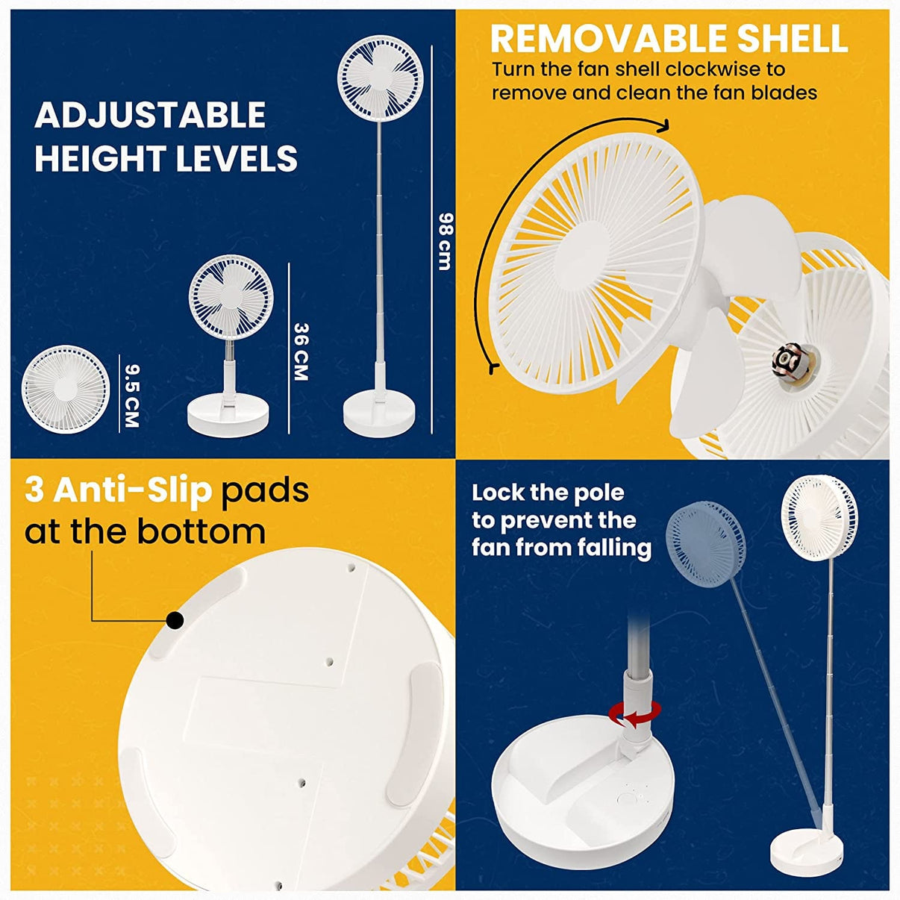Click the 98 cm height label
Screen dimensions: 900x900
pyautogui.click(x=446, y=242)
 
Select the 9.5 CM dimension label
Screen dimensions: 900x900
pyautogui.click(x=131, y=396)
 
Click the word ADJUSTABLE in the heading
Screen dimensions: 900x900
pyautogui.click(x=151, y=115)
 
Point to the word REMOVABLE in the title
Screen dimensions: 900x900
pyautogui.click(x=607, y=40)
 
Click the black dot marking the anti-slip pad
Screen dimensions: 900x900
pyautogui.click(x=175, y=619)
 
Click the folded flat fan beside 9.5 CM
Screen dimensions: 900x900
pyautogui.click(x=66, y=389)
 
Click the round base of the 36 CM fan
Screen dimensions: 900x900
pyautogui.click(x=228, y=415)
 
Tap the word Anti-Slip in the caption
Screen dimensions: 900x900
pyautogui.click(x=131, y=491)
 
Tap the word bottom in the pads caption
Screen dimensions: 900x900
pyautogui.click(x=202, y=531)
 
